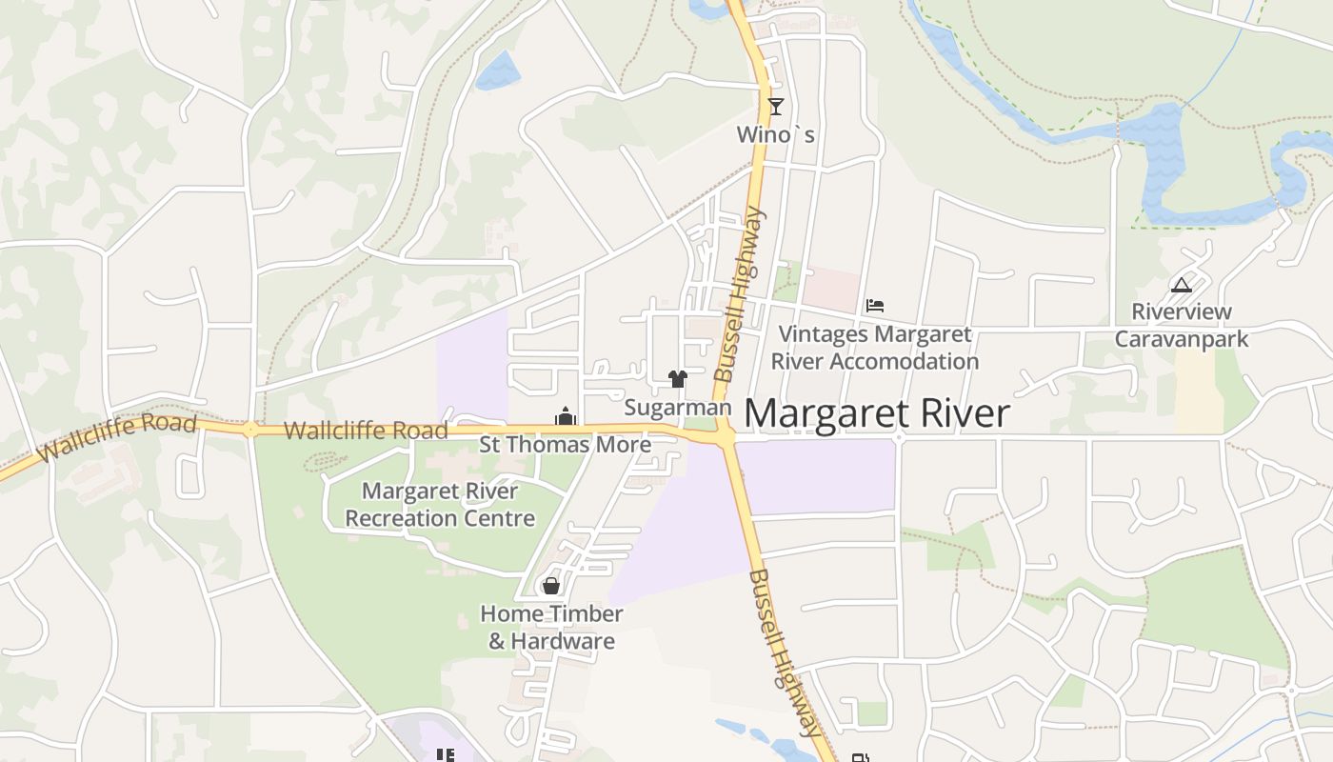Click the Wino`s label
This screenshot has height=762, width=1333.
point(775,135)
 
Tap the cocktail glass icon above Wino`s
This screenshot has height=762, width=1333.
point(776,106)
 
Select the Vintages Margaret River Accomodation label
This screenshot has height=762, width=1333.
point(874,348)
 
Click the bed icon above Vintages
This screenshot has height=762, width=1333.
point(875,306)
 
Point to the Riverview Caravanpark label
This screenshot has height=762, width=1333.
point(1181,325)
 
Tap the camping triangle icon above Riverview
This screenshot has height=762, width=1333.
point(1181,285)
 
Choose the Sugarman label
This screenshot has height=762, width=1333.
point(677,408)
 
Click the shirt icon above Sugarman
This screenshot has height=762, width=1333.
point(677,379)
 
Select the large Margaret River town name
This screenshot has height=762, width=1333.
point(876,413)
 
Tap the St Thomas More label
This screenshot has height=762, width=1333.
point(565,444)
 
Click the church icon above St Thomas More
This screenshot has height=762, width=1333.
point(566,416)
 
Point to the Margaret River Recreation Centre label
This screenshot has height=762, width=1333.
point(440,505)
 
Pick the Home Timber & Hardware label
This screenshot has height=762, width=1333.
point(551,627)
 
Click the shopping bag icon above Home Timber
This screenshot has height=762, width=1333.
point(550,585)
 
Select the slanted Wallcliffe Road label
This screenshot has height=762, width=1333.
point(116,437)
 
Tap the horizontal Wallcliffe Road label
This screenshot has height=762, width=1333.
point(366,431)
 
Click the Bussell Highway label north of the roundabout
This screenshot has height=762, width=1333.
point(740,295)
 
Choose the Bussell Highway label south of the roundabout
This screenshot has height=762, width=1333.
point(785,652)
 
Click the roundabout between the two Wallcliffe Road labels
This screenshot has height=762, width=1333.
point(250,430)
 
